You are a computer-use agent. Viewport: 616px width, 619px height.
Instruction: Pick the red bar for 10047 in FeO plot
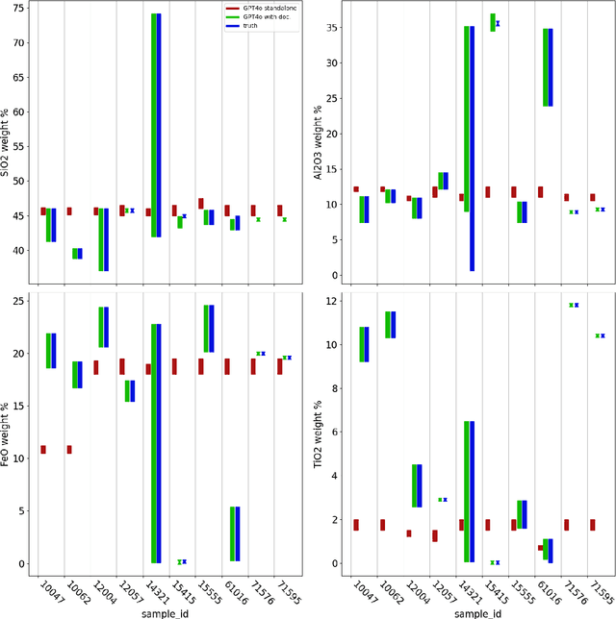(43, 449)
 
